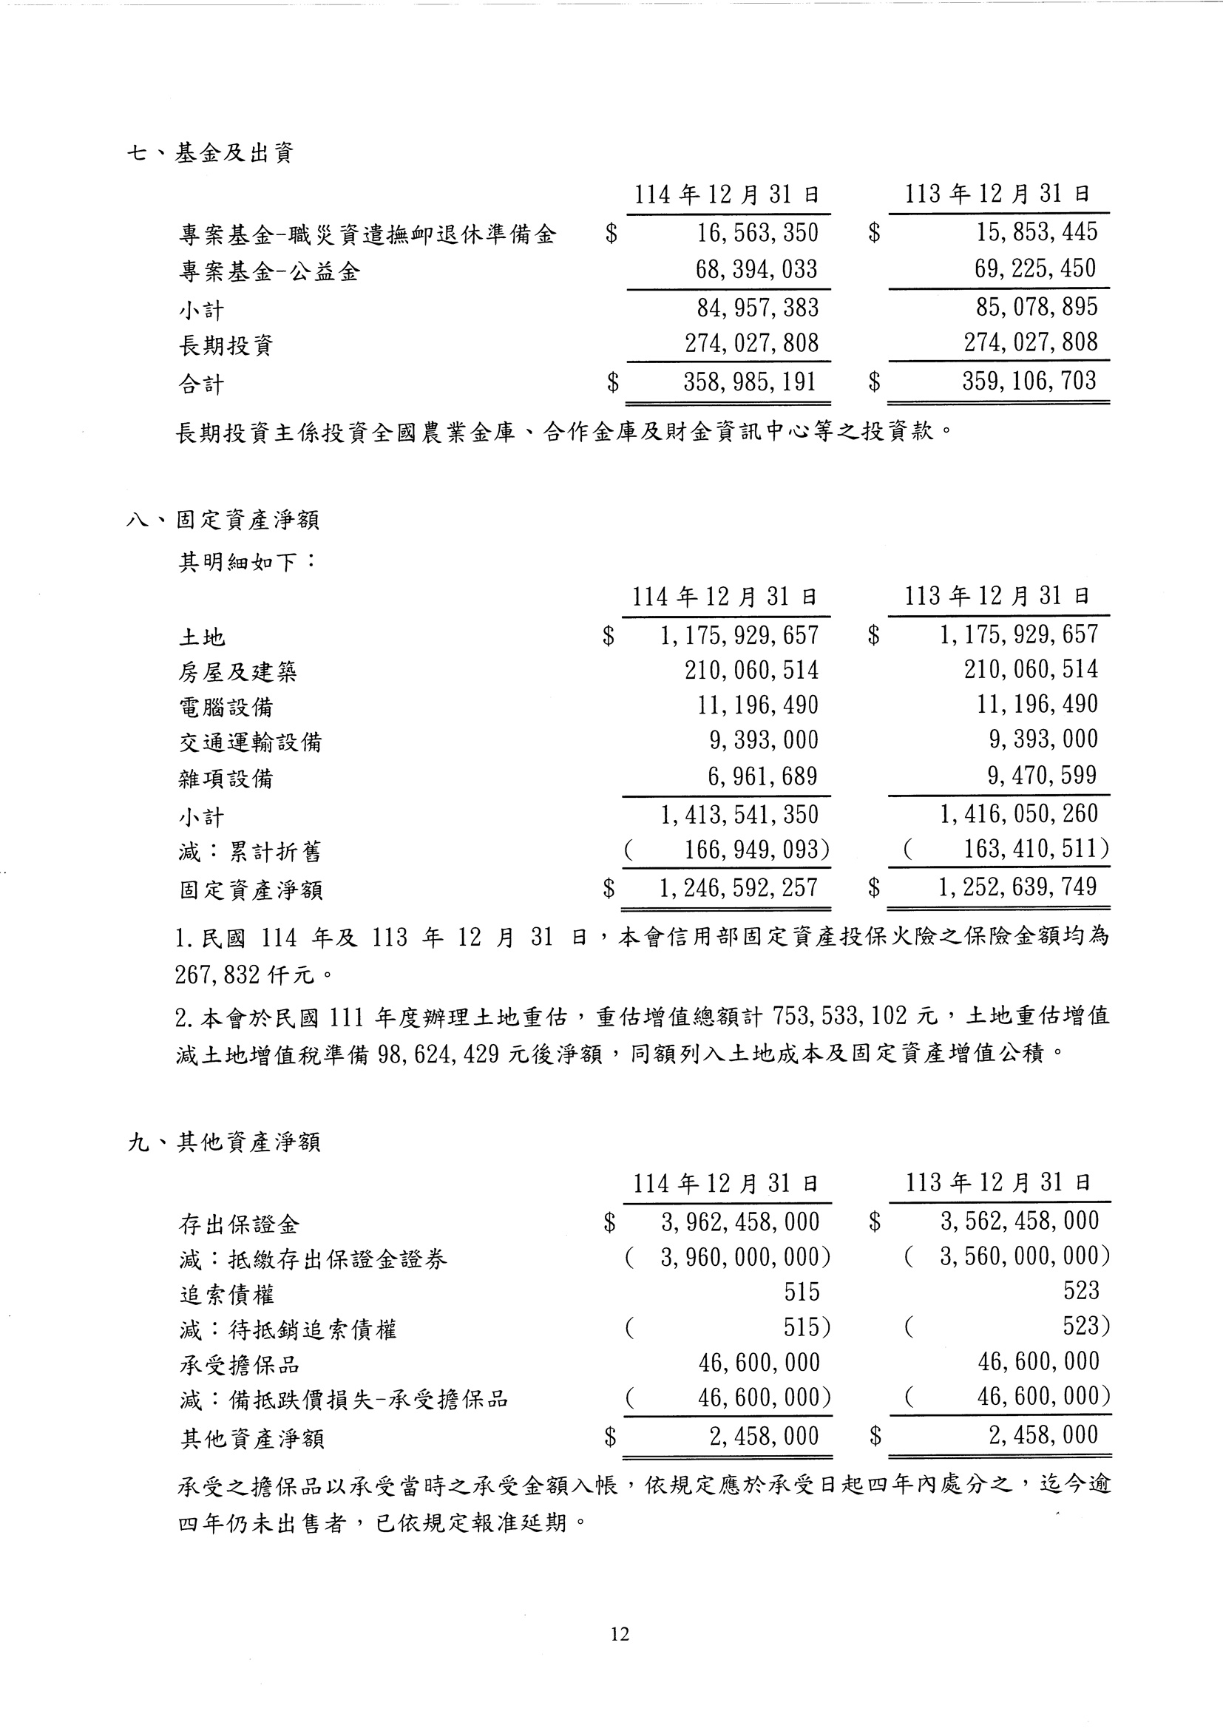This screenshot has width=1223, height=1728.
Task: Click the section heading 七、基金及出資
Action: coord(210,154)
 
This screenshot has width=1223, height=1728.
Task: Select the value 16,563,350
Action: coord(757,233)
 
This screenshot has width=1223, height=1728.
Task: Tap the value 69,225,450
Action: coord(1035,269)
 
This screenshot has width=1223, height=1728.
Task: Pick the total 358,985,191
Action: coord(749,382)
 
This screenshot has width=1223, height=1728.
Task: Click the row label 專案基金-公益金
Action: coord(269,271)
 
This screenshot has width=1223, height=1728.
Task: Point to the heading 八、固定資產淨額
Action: coord(223,520)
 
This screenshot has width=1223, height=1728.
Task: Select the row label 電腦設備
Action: coord(226,707)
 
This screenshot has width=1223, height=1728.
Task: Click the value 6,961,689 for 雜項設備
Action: coord(762,776)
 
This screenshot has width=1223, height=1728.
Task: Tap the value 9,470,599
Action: coord(1043,775)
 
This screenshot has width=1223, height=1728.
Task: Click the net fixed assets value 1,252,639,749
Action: coord(1017,887)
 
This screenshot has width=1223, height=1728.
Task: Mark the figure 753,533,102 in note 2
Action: coord(839,1017)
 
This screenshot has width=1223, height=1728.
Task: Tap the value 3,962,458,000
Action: coord(740,1222)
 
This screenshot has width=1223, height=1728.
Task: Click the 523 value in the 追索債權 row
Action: coord(1081,1290)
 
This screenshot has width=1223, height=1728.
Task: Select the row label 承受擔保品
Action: coord(239,1365)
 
